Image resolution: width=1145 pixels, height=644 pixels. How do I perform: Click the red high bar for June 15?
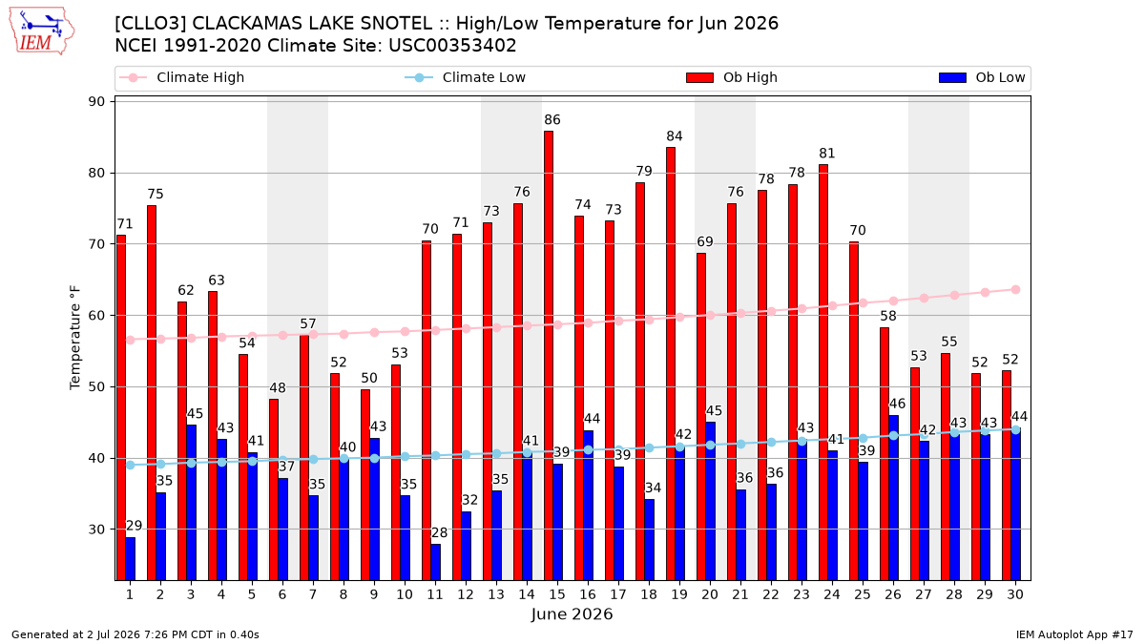549,356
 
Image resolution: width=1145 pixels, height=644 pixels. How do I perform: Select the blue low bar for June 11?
435,562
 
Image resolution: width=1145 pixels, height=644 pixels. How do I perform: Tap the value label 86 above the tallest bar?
552,120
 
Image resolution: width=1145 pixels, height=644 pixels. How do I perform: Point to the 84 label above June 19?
675,136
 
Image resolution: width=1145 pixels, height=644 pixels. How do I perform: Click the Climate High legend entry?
182,77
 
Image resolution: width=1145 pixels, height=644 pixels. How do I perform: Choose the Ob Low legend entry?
982,77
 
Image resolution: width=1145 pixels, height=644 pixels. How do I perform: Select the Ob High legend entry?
732,77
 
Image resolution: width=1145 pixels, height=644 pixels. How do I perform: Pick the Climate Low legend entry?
466,77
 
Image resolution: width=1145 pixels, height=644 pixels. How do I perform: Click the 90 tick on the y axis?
96,102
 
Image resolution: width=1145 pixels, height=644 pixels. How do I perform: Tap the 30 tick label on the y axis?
96,530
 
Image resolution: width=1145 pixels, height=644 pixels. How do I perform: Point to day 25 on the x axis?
863,594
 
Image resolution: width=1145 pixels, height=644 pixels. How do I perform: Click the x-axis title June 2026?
572,613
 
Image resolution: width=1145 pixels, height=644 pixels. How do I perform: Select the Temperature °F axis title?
75,338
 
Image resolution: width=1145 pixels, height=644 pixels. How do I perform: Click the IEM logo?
42,31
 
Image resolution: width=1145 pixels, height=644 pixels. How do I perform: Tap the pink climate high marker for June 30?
1015,290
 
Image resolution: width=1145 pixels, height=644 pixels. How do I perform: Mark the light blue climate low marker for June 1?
131,466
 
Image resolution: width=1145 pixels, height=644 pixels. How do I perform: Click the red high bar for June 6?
274,489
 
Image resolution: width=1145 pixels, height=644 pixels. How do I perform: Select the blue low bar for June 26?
893,498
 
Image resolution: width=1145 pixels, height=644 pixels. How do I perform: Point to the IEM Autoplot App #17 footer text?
1074,634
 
